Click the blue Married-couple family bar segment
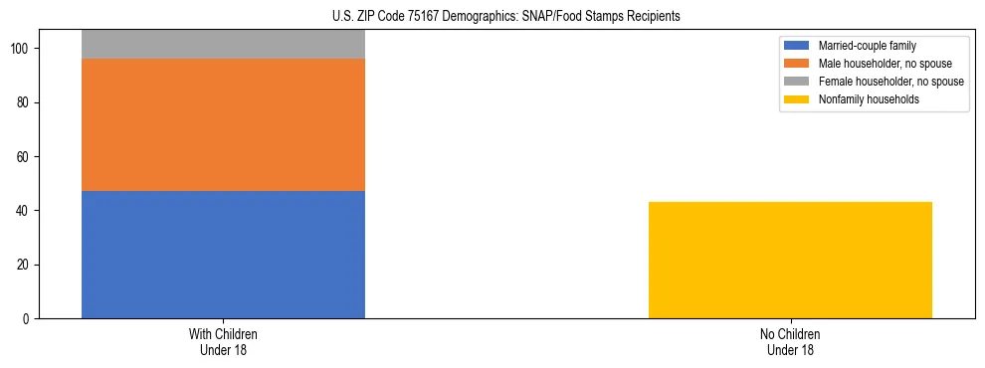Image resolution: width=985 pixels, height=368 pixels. click(x=223, y=255)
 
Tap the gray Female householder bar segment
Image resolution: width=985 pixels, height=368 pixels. click(x=223, y=44)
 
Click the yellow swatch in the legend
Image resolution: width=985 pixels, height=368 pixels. click(x=797, y=99)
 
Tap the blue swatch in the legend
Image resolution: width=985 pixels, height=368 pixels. click(x=797, y=46)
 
